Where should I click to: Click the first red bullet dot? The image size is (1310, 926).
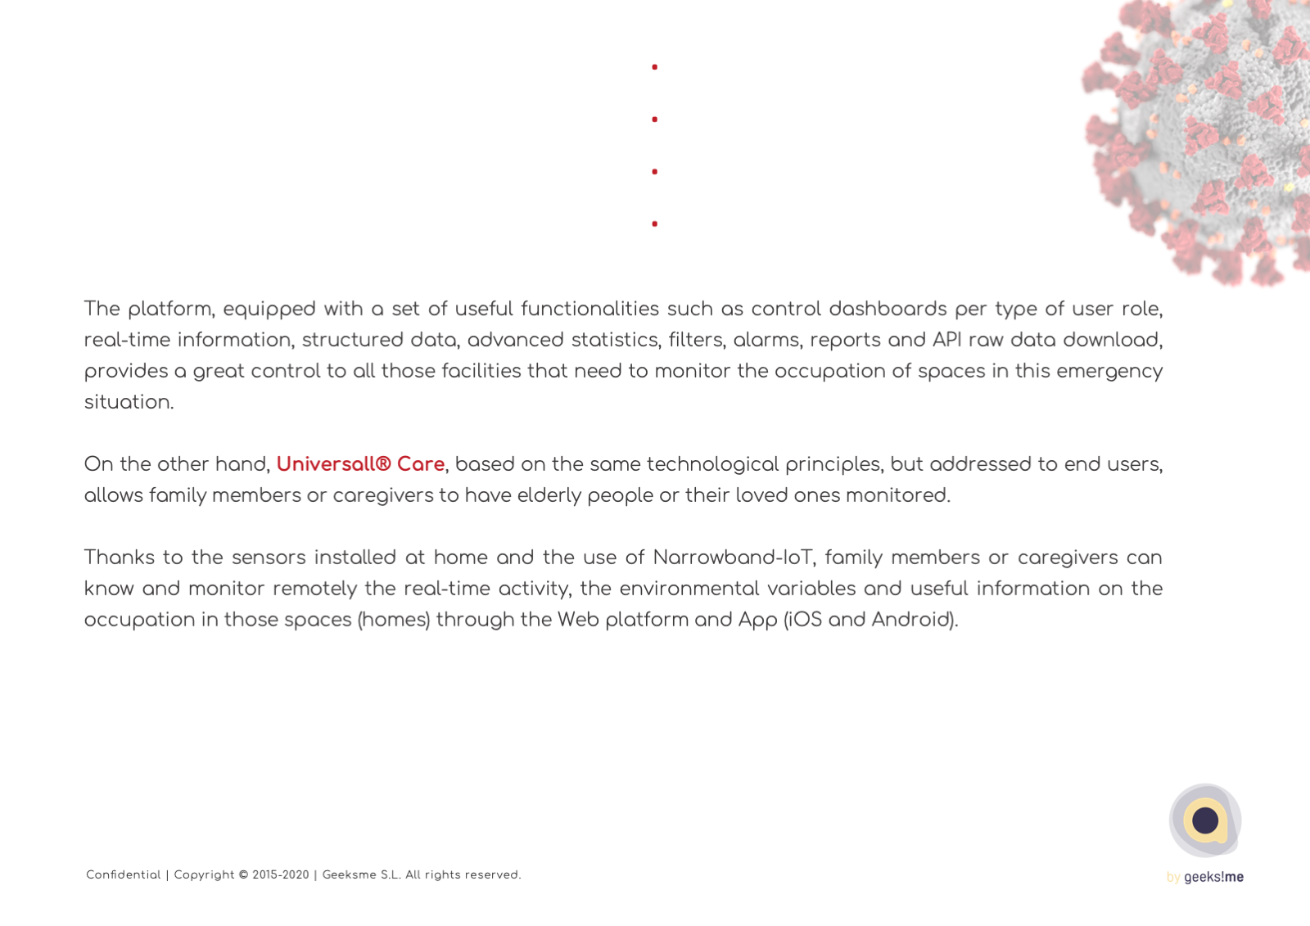pos(654,67)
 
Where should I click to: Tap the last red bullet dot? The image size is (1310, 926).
pos(654,224)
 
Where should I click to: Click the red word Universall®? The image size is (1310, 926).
pos(333,464)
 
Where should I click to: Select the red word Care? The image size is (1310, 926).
pos(420,464)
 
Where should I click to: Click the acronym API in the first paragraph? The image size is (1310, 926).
pos(946,340)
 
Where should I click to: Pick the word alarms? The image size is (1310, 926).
pos(766,341)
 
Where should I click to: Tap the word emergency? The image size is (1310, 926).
pos(1109,372)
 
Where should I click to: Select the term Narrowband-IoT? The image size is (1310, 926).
pos(733,558)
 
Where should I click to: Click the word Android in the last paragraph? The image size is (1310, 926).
pos(910,620)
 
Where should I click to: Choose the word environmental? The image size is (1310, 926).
pos(689,589)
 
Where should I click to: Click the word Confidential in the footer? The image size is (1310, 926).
pos(124,875)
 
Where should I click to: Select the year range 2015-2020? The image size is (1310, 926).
pos(281,875)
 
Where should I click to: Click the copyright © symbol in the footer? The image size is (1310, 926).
pos(243,875)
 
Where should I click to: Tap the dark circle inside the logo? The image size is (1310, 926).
pos(1205,820)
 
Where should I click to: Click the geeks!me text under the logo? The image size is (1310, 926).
pos(1213,877)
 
